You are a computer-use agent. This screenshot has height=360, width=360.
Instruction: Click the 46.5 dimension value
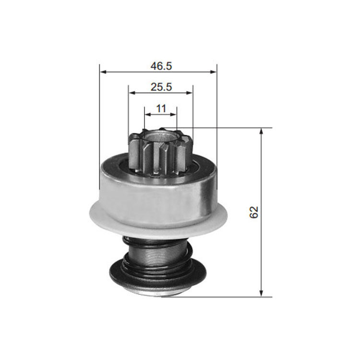[x=161, y=66]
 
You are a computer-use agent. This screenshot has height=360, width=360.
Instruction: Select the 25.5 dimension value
[x=161, y=87]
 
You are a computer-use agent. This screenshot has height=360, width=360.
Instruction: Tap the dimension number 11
[x=161, y=108]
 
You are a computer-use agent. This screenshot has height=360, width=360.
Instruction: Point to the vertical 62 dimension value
[x=254, y=212]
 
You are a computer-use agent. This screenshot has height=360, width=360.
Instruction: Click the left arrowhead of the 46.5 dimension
[x=103, y=72]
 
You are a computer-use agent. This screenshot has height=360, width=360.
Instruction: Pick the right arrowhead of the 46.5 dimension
[x=214, y=72]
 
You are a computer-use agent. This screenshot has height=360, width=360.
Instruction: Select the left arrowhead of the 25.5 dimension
[x=132, y=93]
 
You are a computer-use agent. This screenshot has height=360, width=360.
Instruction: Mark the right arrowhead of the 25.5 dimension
[x=189, y=93]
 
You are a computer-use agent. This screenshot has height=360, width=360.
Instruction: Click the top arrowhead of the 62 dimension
[x=261, y=132]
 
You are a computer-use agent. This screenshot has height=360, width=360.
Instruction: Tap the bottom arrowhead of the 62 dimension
[x=261, y=293]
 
